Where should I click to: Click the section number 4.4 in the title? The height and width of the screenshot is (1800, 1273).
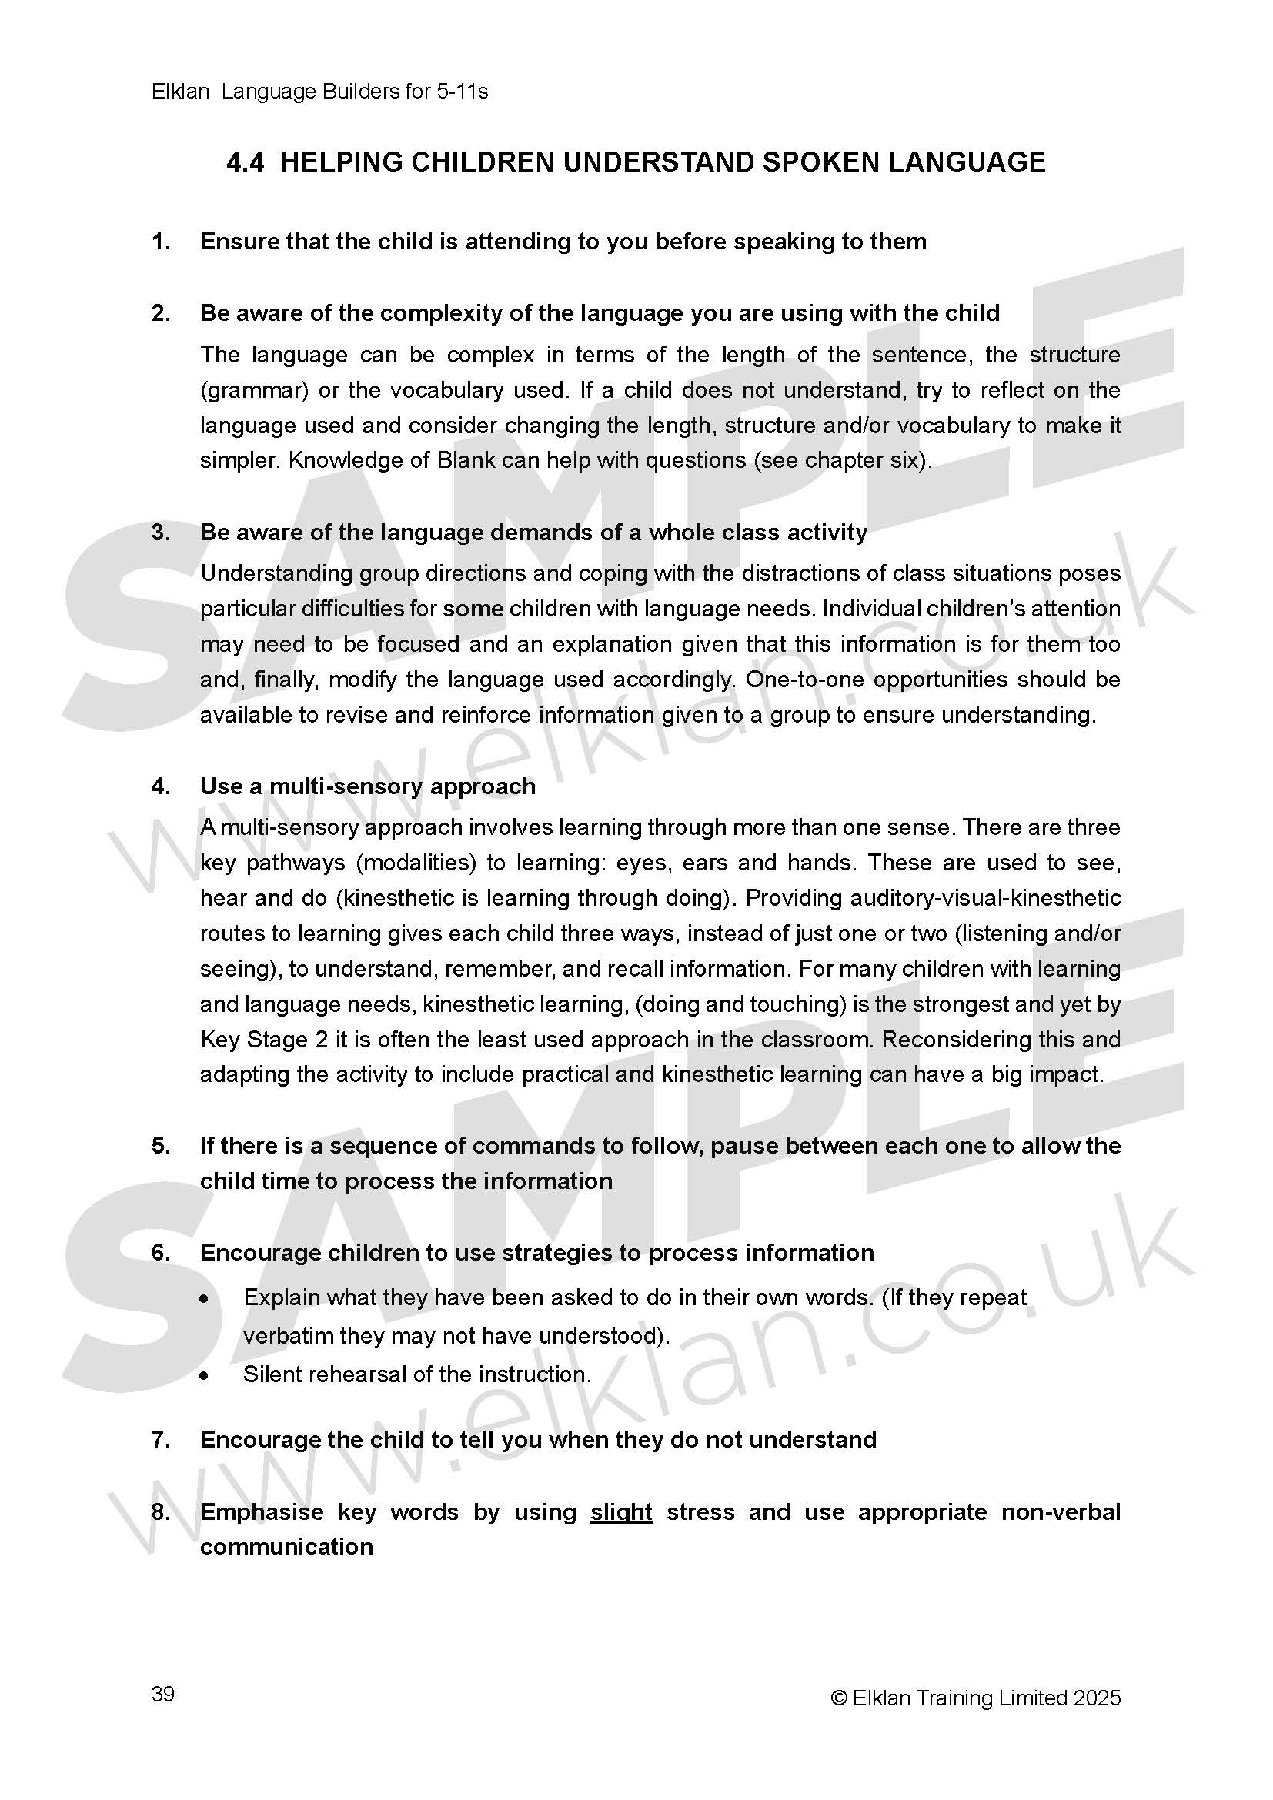(x=245, y=162)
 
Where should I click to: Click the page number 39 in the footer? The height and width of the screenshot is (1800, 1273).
(x=162, y=1693)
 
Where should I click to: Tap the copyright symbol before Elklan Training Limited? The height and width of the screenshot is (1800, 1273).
(x=839, y=1698)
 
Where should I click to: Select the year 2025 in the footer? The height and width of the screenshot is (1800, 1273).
(x=1098, y=1698)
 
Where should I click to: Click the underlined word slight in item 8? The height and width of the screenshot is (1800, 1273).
(x=621, y=1511)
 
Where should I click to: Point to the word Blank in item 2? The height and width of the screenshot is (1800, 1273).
(x=466, y=460)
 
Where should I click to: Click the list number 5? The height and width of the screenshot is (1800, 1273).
(x=161, y=1146)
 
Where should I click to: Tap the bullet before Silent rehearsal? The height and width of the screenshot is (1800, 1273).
(x=205, y=1375)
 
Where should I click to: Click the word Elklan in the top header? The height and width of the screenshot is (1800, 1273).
(x=180, y=92)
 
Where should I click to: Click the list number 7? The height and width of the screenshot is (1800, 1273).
(x=161, y=1440)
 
